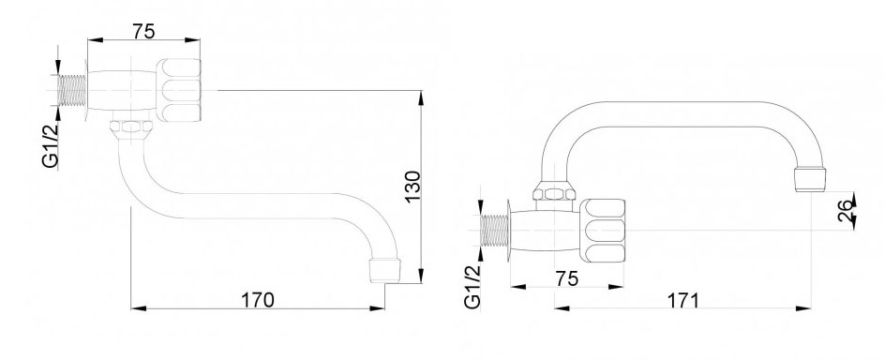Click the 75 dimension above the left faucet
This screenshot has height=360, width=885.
click(144, 31)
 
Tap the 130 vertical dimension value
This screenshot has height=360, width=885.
click(412, 187)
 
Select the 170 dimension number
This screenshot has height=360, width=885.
click(258, 300)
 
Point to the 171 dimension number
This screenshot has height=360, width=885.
click(683, 300)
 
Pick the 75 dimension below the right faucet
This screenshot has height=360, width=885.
click(566, 278)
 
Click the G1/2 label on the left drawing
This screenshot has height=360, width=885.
click(51, 145)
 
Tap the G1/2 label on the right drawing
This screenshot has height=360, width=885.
click(472, 287)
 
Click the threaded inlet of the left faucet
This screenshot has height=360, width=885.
click(71, 90)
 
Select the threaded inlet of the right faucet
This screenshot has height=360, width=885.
click(494, 231)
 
